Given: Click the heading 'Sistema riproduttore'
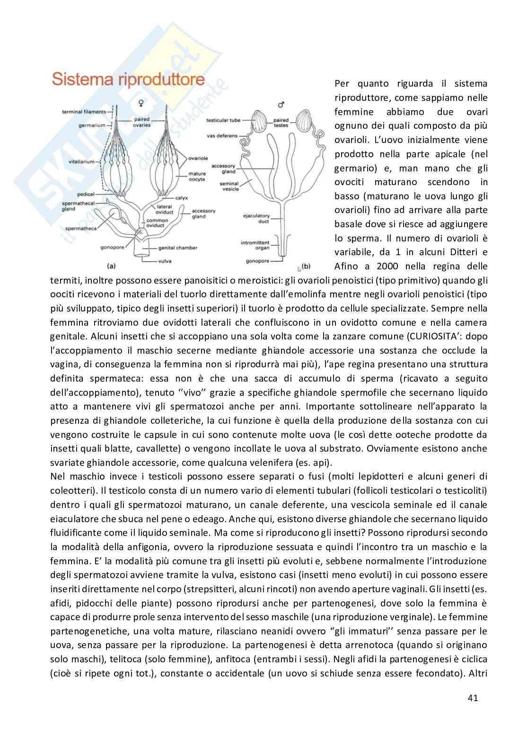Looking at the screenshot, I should pos(128,80).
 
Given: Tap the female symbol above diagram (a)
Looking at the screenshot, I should pos(140,102).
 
